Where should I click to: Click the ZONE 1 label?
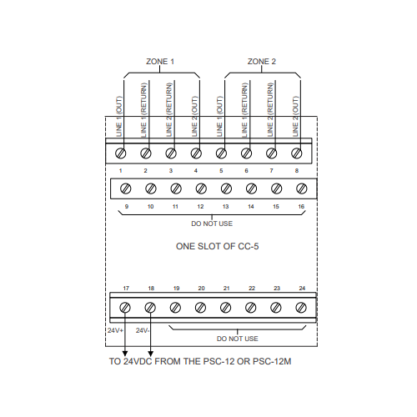(160, 62)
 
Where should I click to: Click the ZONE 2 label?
(262, 62)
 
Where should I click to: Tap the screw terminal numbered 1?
(120, 153)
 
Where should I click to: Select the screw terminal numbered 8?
(296, 153)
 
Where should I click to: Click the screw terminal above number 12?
(201, 188)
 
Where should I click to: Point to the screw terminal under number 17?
(125, 308)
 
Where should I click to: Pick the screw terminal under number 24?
(301, 308)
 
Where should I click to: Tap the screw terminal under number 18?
(150, 308)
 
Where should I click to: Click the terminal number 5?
(221, 171)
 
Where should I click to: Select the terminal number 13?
(225, 207)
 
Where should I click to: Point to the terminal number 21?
(227, 289)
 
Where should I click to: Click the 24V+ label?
(115, 330)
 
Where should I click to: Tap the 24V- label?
(143, 330)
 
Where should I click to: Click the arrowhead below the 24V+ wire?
(125, 354)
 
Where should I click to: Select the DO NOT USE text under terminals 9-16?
(212, 224)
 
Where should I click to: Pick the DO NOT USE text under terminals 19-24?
(238, 339)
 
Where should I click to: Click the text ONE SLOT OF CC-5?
(218, 246)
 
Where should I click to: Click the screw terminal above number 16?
(302, 188)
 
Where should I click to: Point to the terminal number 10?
(150, 207)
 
